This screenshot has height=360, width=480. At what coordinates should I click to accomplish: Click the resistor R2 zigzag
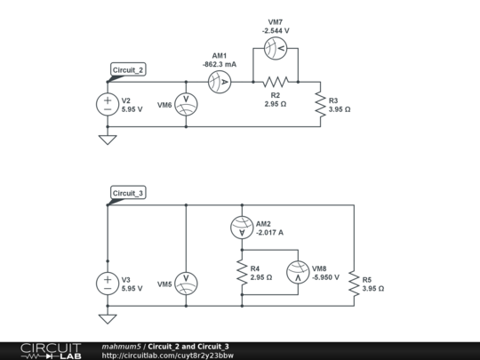276,82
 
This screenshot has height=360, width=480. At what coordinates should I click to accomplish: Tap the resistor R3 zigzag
320,104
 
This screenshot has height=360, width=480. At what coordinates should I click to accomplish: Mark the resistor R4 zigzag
242,272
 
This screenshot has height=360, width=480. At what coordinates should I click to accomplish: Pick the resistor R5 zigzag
354,284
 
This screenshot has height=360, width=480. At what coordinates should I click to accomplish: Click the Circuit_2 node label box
128,70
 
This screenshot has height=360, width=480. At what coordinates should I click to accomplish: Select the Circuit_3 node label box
128,193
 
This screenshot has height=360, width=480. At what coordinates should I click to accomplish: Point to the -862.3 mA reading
220,64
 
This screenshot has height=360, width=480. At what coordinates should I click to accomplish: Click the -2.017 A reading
269,233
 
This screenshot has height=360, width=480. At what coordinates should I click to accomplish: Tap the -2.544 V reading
276,30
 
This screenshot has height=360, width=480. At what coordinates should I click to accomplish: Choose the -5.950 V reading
325,277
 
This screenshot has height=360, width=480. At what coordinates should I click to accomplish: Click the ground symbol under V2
108,140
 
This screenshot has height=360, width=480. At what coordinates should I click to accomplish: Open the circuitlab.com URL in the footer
168,356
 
